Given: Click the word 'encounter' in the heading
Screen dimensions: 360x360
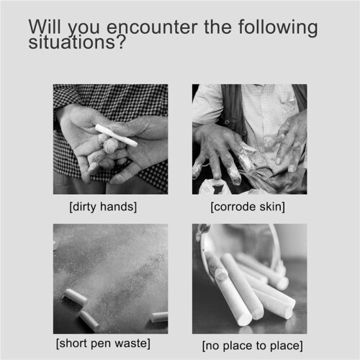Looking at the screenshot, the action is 153,27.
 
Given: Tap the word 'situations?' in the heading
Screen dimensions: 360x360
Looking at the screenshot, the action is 77,42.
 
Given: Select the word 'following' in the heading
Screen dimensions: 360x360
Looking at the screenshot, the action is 278,27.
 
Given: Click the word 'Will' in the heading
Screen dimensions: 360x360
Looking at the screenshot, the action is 45,27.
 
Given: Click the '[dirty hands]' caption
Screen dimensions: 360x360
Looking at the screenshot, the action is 103,207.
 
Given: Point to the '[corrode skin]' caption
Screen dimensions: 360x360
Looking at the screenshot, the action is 248,207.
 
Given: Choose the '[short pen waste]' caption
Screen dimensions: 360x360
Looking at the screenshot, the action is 103,343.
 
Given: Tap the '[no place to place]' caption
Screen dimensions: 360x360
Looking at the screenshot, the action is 253,346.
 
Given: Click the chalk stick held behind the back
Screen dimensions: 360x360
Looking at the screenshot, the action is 117,135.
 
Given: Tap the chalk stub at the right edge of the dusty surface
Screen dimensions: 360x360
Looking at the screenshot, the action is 159,317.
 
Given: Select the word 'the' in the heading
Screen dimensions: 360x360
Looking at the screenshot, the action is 217,27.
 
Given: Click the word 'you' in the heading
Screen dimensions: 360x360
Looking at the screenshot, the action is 84,29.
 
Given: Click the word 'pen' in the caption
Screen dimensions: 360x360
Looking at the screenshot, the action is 101,344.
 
